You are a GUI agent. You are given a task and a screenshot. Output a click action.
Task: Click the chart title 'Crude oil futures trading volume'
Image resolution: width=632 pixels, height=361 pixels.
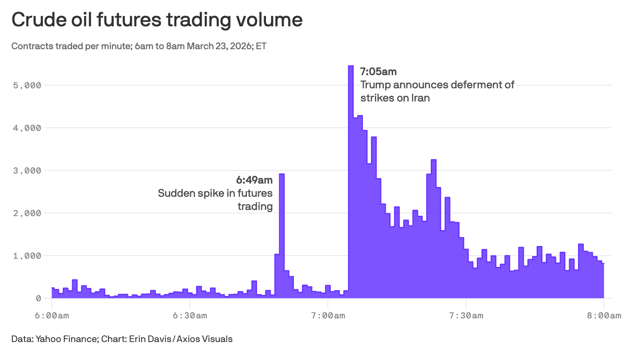point(157,20)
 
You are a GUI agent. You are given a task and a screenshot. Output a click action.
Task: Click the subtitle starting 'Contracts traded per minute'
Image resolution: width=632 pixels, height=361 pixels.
point(139,46)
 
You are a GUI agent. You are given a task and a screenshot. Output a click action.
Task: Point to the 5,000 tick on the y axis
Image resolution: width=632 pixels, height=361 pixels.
point(27,85)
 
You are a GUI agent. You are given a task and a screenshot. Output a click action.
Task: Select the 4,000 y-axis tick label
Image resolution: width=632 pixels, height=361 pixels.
point(27,128)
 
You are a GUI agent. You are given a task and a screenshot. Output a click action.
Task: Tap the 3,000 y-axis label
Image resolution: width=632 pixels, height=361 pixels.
point(27,170)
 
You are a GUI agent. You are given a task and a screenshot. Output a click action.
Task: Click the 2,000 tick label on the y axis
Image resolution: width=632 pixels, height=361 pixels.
point(27,213)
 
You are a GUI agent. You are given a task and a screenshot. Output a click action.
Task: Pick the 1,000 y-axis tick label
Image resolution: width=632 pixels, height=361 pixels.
point(27,256)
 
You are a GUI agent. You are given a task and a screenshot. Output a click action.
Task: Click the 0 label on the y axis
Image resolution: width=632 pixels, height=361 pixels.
point(38,298)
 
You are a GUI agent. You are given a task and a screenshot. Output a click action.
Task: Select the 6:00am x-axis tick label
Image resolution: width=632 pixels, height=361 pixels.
point(52,316)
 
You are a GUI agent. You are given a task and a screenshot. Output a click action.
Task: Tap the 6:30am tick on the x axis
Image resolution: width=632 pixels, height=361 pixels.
point(190,316)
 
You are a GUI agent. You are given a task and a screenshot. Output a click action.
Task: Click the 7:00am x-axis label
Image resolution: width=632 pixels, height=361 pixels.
point(328,316)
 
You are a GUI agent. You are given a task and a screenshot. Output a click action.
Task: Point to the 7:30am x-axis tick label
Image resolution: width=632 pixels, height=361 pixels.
point(466,316)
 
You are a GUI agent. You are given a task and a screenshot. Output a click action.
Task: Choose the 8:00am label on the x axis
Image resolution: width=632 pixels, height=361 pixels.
point(604,316)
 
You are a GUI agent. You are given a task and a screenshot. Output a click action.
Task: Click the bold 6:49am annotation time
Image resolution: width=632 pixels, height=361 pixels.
point(254,180)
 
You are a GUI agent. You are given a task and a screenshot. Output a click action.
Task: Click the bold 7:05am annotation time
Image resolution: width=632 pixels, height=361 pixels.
point(378,72)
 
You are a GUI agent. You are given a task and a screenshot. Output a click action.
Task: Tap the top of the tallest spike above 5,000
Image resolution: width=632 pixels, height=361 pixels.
point(351,66)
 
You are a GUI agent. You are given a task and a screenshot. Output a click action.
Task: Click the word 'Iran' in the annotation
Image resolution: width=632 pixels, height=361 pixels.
point(420,98)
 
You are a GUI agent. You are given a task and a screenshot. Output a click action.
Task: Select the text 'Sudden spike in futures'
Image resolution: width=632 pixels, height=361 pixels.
point(215,193)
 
